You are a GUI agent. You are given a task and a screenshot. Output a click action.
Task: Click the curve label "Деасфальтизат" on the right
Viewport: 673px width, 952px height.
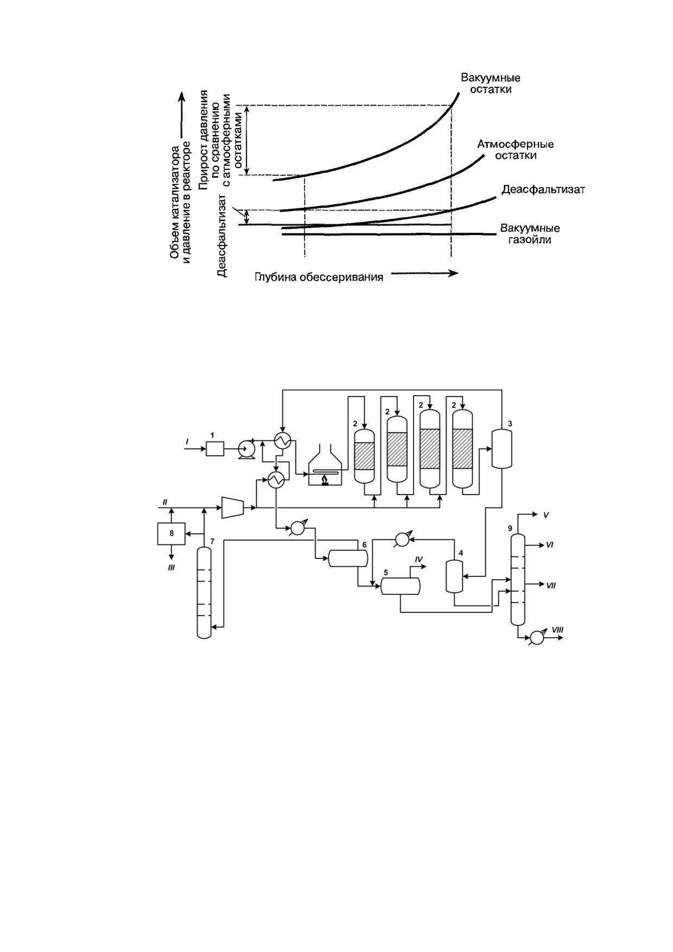pyautogui.click(x=543, y=189)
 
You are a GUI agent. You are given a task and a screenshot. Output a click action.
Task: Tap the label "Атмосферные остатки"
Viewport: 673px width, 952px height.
pyautogui.click(x=515, y=150)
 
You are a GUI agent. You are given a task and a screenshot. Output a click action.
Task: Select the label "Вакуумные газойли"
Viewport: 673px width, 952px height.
pyautogui.click(x=530, y=233)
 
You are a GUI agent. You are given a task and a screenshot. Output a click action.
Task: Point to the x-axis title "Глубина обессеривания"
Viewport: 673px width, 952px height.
pyautogui.click(x=319, y=277)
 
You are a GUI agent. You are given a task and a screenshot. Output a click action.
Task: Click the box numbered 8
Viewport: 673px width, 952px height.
pyautogui.click(x=172, y=533)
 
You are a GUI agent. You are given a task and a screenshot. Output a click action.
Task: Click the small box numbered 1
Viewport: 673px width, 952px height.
pyautogui.click(x=214, y=449)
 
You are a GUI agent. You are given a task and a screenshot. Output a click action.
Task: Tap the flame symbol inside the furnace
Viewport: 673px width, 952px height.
pyautogui.click(x=325, y=480)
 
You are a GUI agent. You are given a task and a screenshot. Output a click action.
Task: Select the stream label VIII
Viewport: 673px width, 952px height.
pyautogui.click(x=557, y=629)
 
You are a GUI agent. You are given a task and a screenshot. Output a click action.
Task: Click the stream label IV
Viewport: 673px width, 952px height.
pyautogui.click(x=418, y=559)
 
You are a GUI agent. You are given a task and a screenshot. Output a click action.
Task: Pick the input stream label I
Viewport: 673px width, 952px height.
pyautogui.click(x=187, y=442)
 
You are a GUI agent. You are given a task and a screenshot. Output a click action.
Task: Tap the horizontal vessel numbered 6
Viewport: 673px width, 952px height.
pyautogui.click(x=348, y=558)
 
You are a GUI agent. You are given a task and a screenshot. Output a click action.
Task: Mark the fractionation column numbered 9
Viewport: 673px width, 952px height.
pyautogui.click(x=518, y=579)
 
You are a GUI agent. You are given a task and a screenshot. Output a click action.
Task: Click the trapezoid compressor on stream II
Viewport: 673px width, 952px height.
pyautogui.click(x=232, y=507)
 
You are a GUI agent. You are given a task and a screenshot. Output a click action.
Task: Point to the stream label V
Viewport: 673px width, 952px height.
pyautogui.click(x=546, y=515)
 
